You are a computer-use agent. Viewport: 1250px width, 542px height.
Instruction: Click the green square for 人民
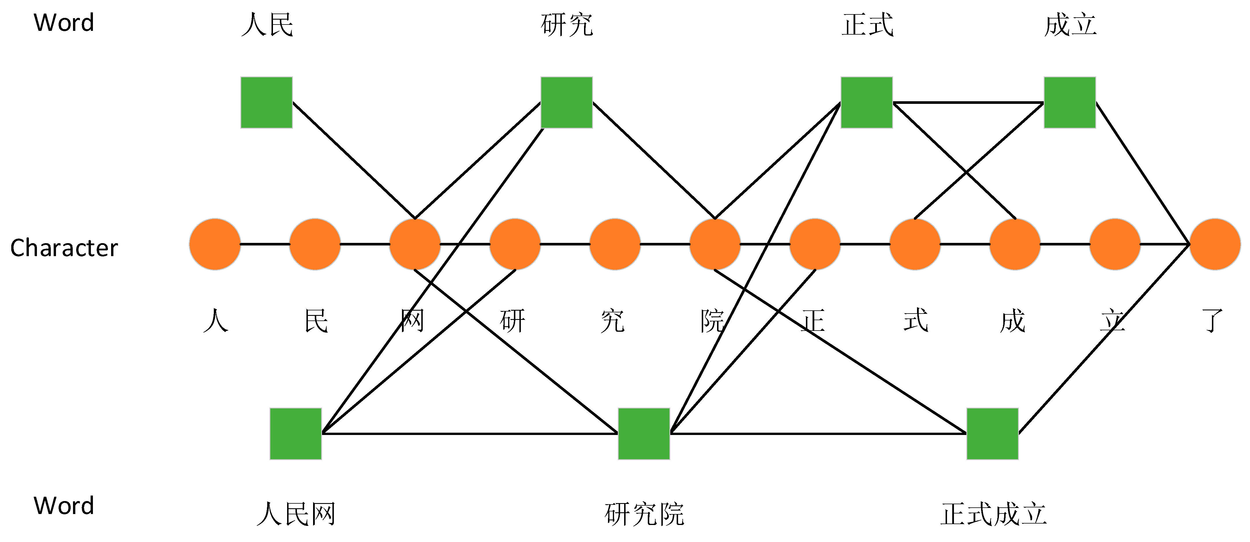[x=266, y=102]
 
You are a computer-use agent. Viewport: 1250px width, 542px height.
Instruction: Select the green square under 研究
[x=566, y=102]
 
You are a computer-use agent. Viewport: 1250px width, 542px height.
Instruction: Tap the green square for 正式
[x=866, y=102]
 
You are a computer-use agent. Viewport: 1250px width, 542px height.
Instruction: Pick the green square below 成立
[x=1069, y=102]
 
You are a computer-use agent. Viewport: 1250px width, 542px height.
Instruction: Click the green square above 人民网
[x=295, y=433]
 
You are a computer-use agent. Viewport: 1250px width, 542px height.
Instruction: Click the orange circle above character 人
[x=215, y=244]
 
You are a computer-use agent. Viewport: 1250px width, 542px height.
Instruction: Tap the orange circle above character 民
[x=315, y=244]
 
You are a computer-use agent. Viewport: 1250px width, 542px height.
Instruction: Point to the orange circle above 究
[x=615, y=244]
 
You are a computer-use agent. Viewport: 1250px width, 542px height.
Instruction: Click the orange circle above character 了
[x=1215, y=244]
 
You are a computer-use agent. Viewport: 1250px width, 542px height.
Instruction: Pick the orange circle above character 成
[x=1015, y=244]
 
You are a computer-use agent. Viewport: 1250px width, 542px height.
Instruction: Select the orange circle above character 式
[x=915, y=244]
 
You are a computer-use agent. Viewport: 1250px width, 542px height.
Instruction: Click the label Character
[x=64, y=248]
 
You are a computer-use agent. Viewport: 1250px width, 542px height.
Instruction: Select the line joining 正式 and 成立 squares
[x=968, y=102]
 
